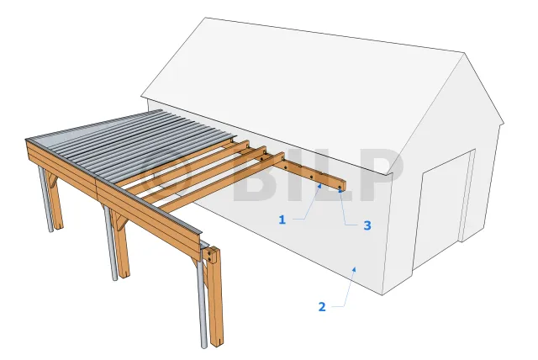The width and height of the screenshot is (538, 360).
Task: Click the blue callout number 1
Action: pos(282,220)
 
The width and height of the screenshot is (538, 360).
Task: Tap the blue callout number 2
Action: pos(322,306)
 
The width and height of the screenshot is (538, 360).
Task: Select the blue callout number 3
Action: pos(367,225)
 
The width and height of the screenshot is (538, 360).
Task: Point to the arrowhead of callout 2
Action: pos(355,269)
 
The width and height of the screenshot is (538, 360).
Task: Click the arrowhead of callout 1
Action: pos(319,186)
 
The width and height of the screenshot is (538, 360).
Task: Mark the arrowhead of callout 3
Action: pos(340,190)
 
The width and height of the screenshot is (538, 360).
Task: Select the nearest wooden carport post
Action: pos(215,296)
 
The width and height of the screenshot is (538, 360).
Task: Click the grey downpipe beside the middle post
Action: pos(110,243)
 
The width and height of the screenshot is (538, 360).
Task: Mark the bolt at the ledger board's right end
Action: pos(340,188)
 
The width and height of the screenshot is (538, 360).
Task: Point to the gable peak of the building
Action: pos(464,53)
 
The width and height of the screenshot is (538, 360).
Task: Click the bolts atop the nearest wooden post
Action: pos(209,256)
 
